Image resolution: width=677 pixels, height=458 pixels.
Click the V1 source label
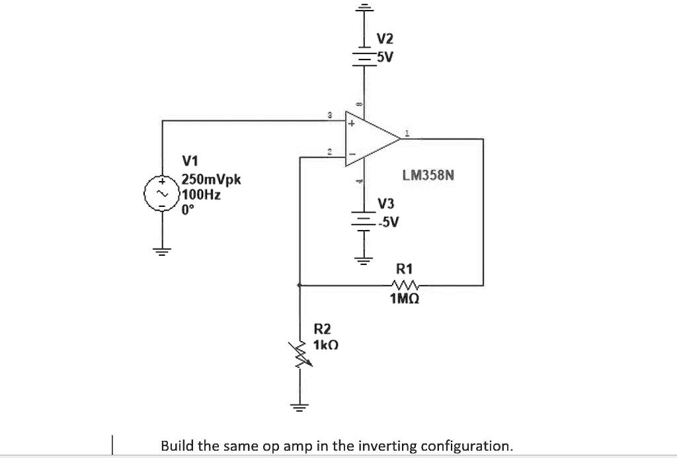coord(190,161)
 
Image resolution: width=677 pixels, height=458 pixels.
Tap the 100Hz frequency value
coord(202,195)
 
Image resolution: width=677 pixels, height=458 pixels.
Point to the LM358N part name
coord(428,176)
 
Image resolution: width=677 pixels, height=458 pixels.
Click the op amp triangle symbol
coord(370,139)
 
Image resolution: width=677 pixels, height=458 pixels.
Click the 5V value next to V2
coord(385,57)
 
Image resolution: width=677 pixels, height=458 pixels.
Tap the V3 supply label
coord(386,204)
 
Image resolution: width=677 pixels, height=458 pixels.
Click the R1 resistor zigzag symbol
coord(404,286)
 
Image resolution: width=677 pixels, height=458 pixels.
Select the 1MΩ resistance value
coord(404,299)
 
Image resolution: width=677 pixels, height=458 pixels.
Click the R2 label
coord(323,328)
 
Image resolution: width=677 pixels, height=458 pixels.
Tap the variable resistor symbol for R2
coord(301,356)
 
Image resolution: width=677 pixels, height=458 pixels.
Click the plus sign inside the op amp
coord(352,124)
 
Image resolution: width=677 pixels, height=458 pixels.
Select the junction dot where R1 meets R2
coord(300,286)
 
